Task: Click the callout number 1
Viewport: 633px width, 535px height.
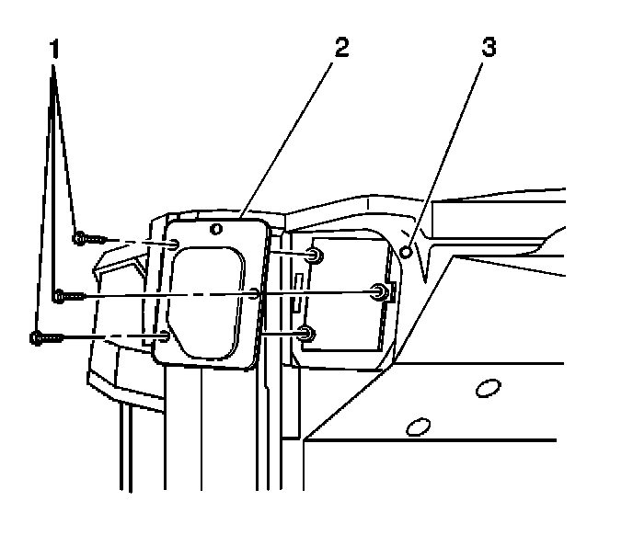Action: (55, 49)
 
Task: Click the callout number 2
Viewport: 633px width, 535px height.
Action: (342, 49)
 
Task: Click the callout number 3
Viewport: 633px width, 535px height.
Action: (489, 49)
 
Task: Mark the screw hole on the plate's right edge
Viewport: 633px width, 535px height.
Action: (256, 294)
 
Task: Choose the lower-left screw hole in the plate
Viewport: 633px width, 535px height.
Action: (164, 336)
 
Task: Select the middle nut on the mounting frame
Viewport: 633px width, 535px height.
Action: (378, 292)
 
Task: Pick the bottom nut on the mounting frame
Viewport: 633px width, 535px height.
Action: (308, 332)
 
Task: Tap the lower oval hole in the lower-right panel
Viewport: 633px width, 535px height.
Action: (419, 427)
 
